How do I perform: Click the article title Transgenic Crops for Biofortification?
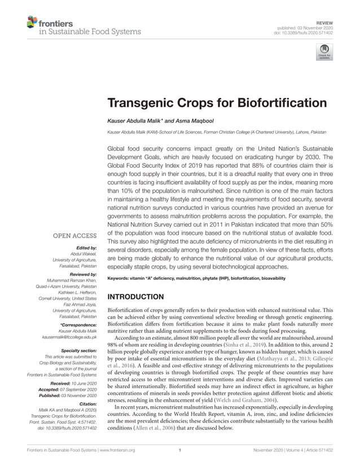(x=217, y=103)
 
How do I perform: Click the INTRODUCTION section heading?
(x=135, y=297)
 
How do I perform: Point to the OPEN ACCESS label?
(x=75, y=235)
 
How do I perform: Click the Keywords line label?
(x=122, y=279)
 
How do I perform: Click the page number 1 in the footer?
(x=179, y=451)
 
